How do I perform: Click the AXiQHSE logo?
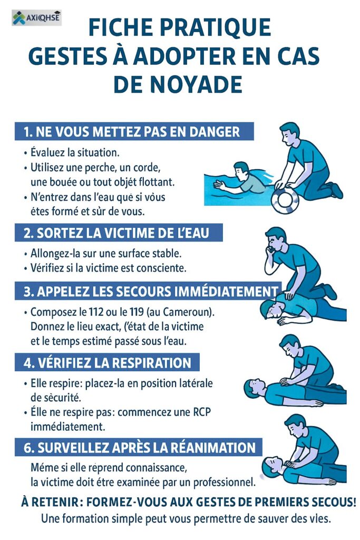[x=36, y=17]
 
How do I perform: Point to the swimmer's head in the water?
[x=241, y=169]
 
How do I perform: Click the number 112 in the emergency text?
[x=96, y=312]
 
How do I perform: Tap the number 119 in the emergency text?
[x=137, y=312]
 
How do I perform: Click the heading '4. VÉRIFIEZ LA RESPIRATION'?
[x=107, y=363]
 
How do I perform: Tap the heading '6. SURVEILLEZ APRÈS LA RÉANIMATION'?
[x=138, y=448]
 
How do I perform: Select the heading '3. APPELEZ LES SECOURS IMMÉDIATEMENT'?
[x=148, y=291]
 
